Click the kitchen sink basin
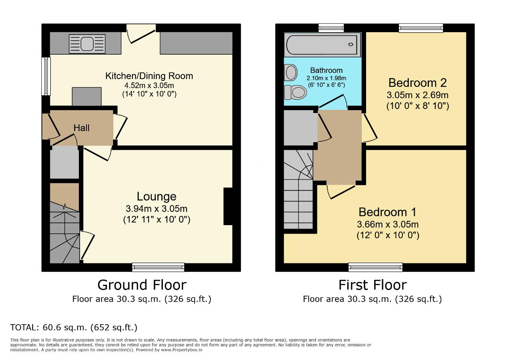(87, 44)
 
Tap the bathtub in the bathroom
(323, 45)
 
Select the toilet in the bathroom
(295, 92)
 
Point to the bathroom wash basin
(290, 72)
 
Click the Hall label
(81, 128)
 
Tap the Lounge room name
(157, 196)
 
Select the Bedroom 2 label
(418, 83)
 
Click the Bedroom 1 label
(387, 212)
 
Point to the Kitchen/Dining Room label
(149, 76)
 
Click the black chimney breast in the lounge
(228, 206)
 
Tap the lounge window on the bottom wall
(158, 267)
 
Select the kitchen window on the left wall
(46, 76)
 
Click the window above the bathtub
(331, 28)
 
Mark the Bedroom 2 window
(421, 28)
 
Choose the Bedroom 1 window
(375, 267)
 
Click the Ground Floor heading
(142, 285)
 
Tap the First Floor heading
(373, 285)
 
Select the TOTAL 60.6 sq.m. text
(74, 327)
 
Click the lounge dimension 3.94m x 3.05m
(157, 209)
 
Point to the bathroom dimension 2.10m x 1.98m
(326, 78)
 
